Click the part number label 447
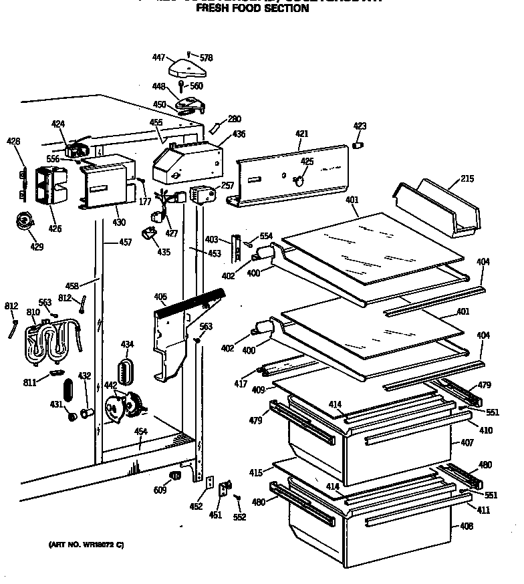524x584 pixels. click(158, 58)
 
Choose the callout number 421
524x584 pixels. click(301, 134)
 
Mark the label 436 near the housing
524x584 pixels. click(239, 134)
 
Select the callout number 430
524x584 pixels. click(118, 222)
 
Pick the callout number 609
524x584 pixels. click(160, 491)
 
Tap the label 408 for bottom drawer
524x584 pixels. click(466, 526)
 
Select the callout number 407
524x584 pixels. click(466, 443)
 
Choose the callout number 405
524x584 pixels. click(160, 296)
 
